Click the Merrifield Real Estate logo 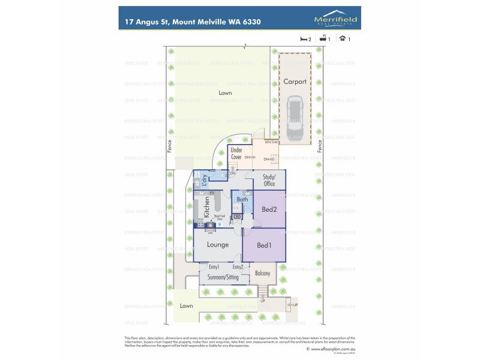click(x=336, y=19)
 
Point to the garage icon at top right click(x=343, y=39)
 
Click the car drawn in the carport click(x=295, y=118)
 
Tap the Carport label click(x=295, y=82)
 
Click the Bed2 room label click(x=269, y=209)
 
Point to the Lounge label click(x=217, y=245)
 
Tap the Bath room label click(x=242, y=200)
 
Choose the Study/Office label click(x=269, y=181)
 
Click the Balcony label click(x=262, y=274)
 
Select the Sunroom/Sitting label click(x=223, y=278)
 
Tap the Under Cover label click(x=236, y=153)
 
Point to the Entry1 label click(x=214, y=266)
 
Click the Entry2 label click(x=238, y=266)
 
